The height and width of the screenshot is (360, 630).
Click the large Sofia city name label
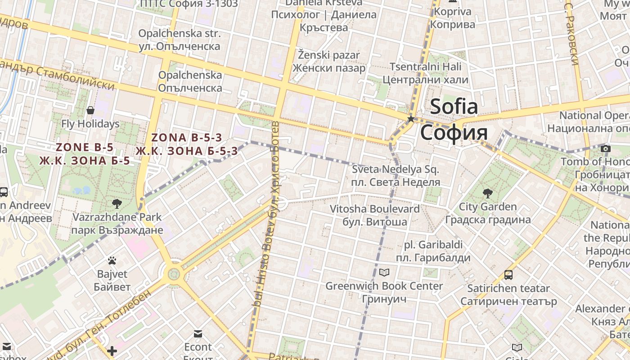tap(454, 120)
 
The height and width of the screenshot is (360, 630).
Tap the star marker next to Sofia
tap(410, 119)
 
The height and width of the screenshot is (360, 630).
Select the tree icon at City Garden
tap(487, 194)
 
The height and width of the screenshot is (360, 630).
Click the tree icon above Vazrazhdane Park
tap(117, 204)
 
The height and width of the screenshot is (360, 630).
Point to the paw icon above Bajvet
tap(112, 261)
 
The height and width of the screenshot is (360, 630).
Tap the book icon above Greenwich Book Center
tap(384, 272)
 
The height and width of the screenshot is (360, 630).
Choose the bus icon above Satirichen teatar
tap(508, 274)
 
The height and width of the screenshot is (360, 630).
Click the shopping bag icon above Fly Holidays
tap(90, 110)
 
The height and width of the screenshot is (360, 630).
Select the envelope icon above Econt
tap(198, 333)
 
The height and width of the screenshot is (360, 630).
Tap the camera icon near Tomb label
tap(606, 148)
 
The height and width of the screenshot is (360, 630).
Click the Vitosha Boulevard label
tap(369, 215)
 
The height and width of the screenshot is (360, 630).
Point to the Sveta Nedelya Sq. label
tap(396, 175)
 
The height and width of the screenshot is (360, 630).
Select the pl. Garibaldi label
tap(433, 251)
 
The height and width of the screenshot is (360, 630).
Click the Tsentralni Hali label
tap(425, 73)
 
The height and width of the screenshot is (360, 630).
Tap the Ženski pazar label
tap(329, 62)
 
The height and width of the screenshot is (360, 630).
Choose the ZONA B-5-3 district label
tap(187, 144)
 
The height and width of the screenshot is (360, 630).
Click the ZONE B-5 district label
tap(85, 153)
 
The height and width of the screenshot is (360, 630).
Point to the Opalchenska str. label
tap(180, 40)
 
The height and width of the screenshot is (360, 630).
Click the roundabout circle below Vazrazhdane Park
tap(173, 273)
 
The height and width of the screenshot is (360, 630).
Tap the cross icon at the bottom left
tap(112, 351)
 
